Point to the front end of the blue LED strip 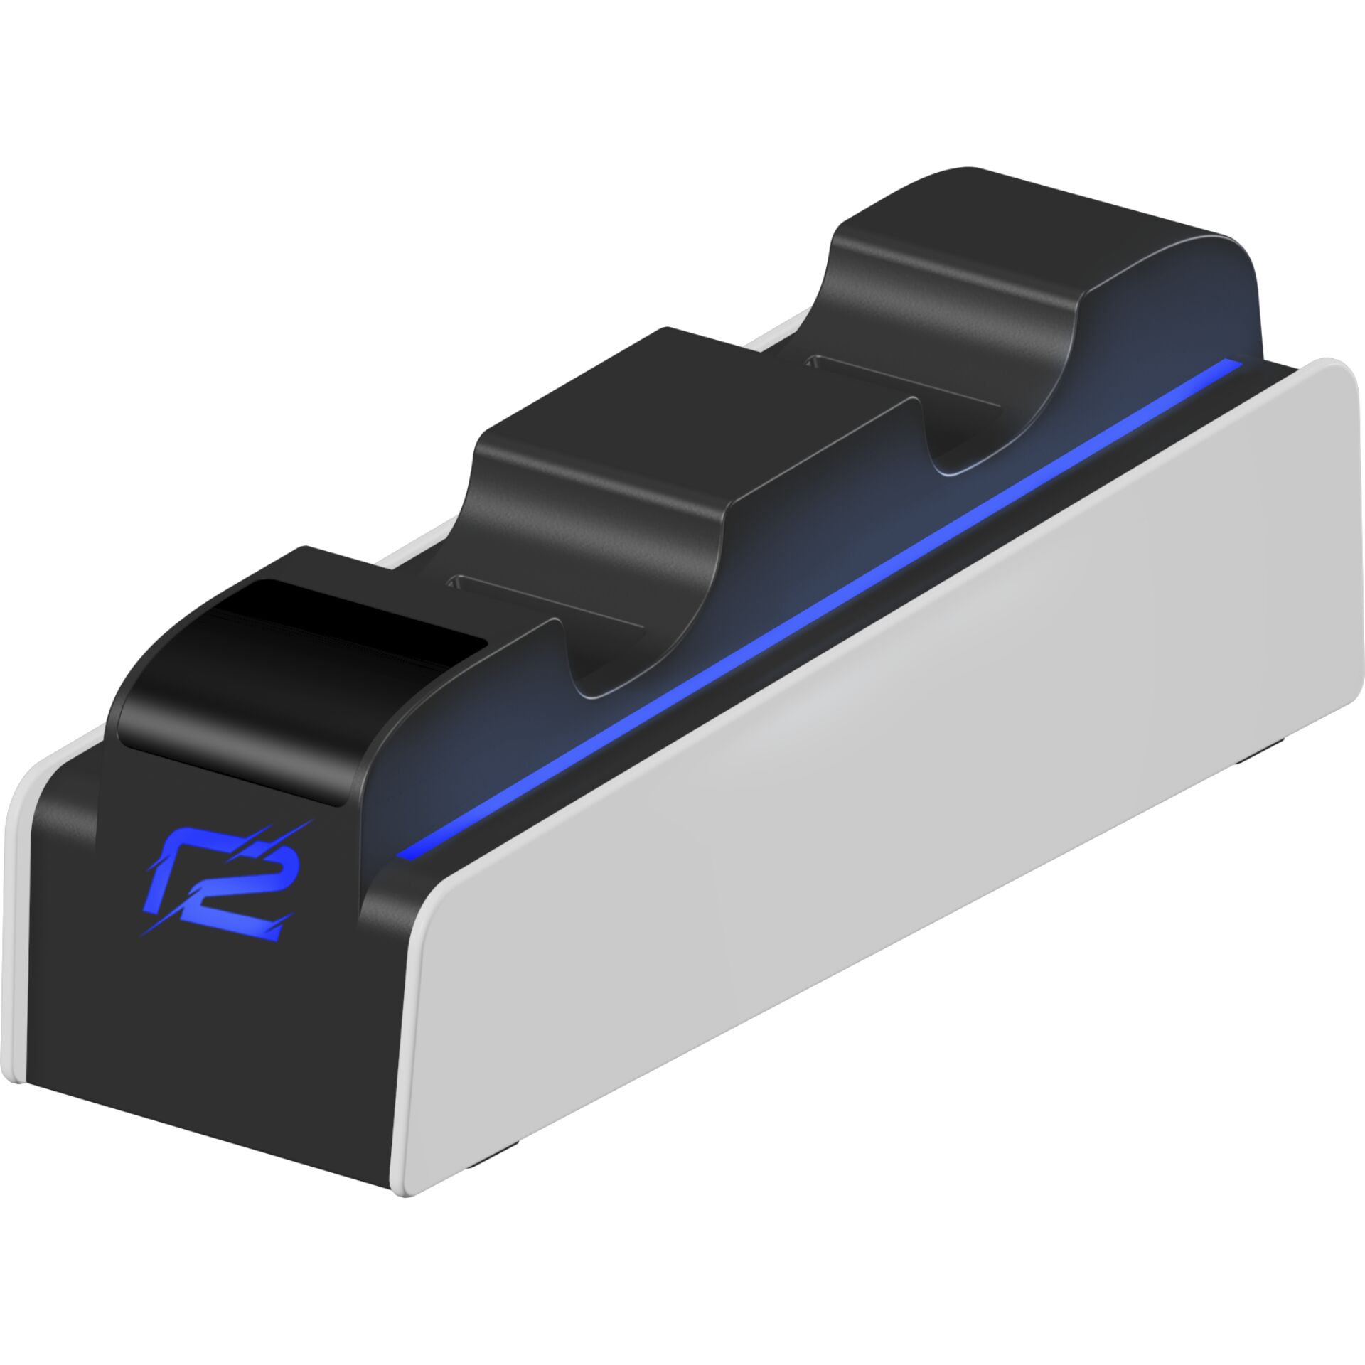(x=405, y=851)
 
